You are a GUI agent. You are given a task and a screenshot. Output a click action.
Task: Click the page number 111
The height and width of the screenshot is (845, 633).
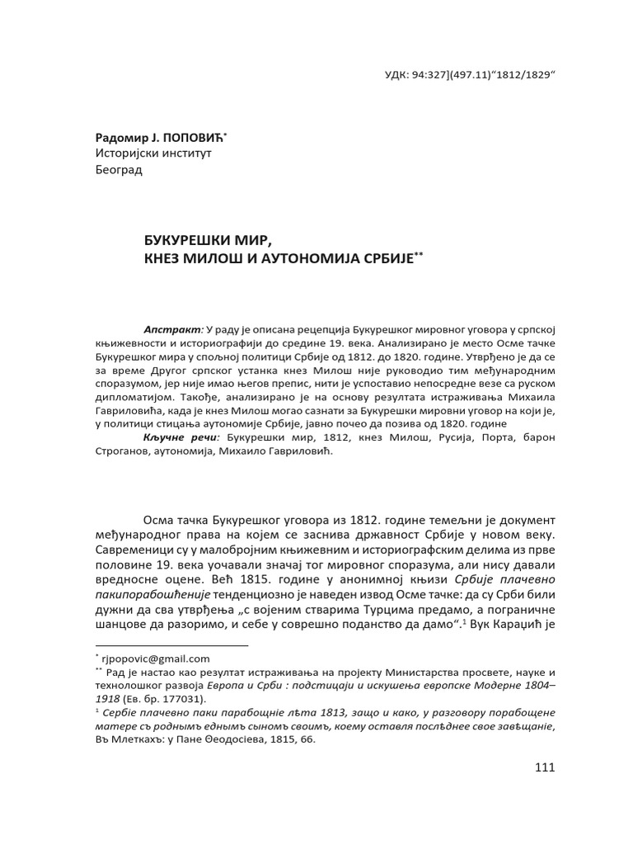click(545, 767)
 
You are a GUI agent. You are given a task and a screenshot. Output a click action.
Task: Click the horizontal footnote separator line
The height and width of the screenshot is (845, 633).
click(171, 644)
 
